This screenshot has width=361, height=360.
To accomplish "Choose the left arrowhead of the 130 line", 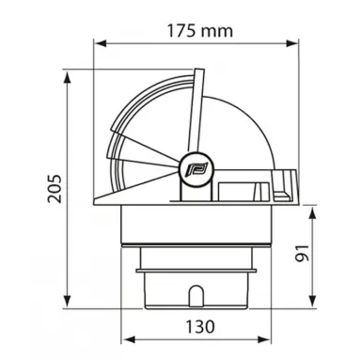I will pos(129,340).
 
